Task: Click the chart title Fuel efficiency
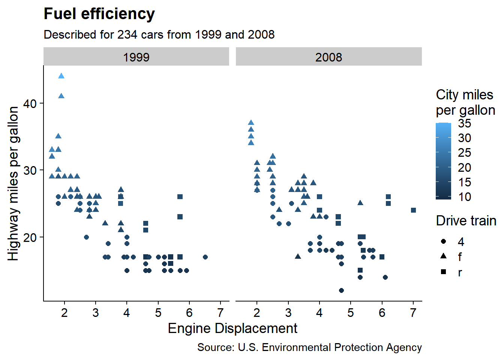tap(99, 14)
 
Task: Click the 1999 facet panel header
tap(136, 57)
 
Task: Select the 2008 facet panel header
tap(328, 57)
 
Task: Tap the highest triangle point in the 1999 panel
tap(61, 76)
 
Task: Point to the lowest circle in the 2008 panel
tap(341, 290)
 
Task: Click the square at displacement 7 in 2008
tap(413, 210)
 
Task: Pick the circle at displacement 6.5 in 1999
tap(205, 257)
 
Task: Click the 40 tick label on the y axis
tap(30, 103)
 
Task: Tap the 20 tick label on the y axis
tap(30, 237)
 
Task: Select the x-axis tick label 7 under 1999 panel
tap(220, 313)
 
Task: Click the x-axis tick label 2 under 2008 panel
tap(257, 313)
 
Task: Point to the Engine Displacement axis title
tap(232, 328)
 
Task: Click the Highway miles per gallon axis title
tap(13, 183)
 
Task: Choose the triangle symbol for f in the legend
tap(444, 256)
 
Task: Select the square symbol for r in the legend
tap(444, 272)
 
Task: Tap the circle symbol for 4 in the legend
tap(444, 241)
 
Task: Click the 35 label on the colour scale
tap(464, 123)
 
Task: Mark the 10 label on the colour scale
tap(464, 197)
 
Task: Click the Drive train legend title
tap(466, 221)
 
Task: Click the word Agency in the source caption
tap(404, 348)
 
